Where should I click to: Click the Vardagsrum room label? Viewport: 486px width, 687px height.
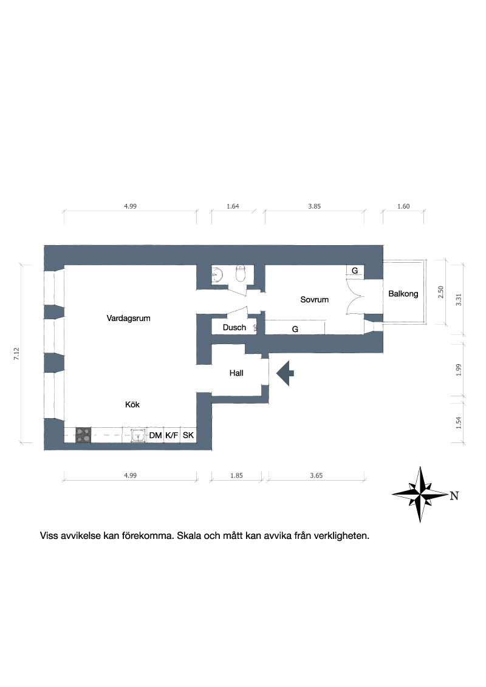[x=129, y=319]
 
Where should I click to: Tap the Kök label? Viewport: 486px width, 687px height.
[x=132, y=404]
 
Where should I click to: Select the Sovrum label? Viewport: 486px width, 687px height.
[x=315, y=300]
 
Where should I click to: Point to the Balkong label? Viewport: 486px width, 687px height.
[x=403, y=294]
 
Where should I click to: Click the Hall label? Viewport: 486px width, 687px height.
[x=236, y=373]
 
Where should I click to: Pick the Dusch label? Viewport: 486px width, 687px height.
[x=234, y=327]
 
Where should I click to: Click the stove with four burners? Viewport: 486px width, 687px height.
[x=83, y=435]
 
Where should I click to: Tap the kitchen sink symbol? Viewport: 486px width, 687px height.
[x=139, y=436]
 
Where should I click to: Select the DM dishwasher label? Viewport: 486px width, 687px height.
[x=156, y=436]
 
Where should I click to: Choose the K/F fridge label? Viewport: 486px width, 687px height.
[x=172, y=436]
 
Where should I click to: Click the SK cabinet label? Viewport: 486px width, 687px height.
[x=188, y=436]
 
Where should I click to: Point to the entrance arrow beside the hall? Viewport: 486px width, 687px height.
[x=285, y=373]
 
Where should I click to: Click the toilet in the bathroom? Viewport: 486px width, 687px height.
[x=241, y=274]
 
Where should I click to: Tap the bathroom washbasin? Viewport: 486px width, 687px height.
[x=217, y=275]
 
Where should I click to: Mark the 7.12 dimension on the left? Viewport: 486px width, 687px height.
[x=16, y=354]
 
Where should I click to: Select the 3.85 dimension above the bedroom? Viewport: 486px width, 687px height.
[x=315, y=206]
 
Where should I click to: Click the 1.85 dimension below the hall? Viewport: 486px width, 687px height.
[x=236, y=475]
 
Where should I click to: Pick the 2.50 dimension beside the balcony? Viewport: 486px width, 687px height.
[x=441, y=293]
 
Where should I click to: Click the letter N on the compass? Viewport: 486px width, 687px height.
[x=454, y=496]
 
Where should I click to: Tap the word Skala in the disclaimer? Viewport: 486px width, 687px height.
[x=189, y=535]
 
